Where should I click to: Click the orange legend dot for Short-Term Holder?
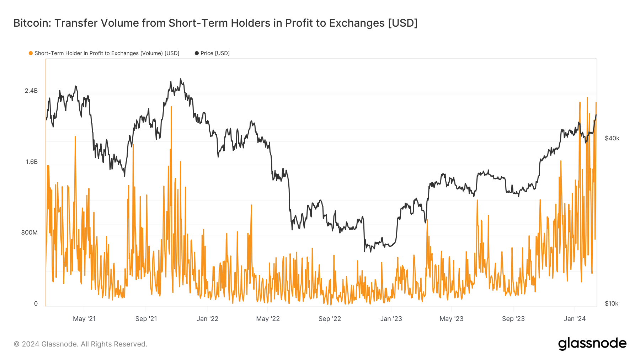31,53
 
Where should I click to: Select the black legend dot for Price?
197,53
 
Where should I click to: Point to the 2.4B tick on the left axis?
31,91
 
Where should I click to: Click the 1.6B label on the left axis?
31,162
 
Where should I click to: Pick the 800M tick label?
30,233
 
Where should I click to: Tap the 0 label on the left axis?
36,304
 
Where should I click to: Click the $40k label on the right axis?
612,139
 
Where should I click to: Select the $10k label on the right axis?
612,304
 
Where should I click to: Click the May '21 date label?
84,319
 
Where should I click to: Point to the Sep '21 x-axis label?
146,319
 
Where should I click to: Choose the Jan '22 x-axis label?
208,319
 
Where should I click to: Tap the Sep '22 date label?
330,319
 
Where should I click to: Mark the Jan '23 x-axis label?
391,319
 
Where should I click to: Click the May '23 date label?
452,319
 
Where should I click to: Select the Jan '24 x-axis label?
575,319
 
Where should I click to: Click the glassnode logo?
592,344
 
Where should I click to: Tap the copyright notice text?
80,344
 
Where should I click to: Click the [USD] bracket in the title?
403,23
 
